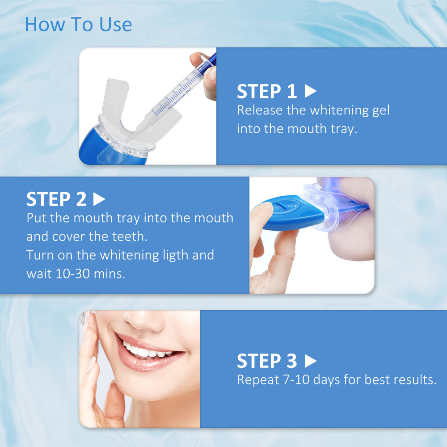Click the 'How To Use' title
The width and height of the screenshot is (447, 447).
click(x=78, y=25)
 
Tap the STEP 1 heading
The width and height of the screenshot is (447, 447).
click(x=267, y=92)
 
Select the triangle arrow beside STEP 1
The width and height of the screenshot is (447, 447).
click(x=311, y=91)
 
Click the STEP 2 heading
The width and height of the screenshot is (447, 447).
click(x=56, y=199)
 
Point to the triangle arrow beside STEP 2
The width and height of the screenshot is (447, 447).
click(x=99, y=199)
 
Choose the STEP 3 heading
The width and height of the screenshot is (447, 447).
click(x=267, y=361)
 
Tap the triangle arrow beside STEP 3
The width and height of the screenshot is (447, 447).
click(x=311, y=361)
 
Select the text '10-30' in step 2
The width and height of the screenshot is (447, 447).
click(x=73, y=274)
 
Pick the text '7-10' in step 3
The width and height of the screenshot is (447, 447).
click(x=296, y=380)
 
